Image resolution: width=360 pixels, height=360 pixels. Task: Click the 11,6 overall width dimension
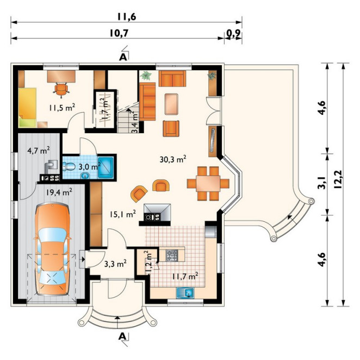pyautogui.click(x=127, y=17)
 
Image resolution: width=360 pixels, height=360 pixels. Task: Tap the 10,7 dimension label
pyautogui.click(x=119, y=33)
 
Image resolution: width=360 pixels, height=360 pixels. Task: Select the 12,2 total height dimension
pyautogui.click(x=338, y=179)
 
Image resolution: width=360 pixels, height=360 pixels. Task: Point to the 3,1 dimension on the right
pyautogui.click(x=322, y=183)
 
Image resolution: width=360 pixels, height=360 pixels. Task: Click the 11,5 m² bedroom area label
pyautogui.click(x=62, y=108)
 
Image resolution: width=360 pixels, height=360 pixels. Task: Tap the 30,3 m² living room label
pyautogui.click(x=172, y=159)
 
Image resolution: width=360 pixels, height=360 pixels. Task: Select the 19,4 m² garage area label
pyautogui.click(x=59, y=192)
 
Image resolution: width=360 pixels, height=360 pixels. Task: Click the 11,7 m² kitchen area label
pyautogui.click(x=185, y=276)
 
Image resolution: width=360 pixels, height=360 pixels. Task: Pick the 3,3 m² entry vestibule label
pyautogui.click(x=115, y=264)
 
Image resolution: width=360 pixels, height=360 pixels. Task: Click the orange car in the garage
pyautogui.click(x=52, y=250)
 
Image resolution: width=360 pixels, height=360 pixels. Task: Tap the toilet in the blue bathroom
pyautogui.click(x=69, y=166)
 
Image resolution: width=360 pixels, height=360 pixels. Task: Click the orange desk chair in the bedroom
pyautogui.click(x=61, y=89)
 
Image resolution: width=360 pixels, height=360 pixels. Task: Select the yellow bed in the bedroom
pyautogui.click(x=27, y=108)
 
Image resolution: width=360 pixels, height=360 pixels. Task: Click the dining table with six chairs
pyautogui.click(x=208, y=184)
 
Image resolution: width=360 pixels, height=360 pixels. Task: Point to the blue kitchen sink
pyautogui.click(x=185, y=293)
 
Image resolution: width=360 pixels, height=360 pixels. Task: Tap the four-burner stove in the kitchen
pyautogui.click(x=172, y=255)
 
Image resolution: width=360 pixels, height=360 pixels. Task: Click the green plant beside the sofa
pyautogui.click(x=146, y=75)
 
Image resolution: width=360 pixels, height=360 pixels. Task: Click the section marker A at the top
pyautogui.click(x=123, y=57)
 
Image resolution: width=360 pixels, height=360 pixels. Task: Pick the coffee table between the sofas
pyautogui.click(x=171, y=104)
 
